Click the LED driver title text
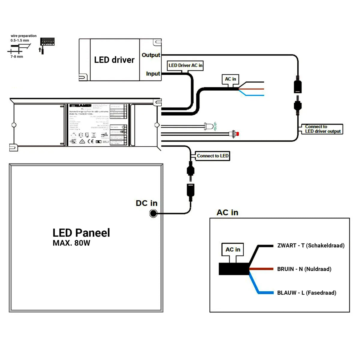(x=114, y=60)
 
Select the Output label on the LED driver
(x=151, y=55)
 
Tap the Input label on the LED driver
(x=153, y=74)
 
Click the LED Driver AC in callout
(x=185, y=65)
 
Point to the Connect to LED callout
(x=212, y=156)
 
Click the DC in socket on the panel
(x=153, y=214)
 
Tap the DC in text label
(x=146, y=203)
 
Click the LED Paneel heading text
(x=81, y=233)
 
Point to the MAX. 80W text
(x=71, y=243)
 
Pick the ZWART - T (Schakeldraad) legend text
(x=311, y=246)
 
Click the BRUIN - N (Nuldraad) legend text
(x=304, y=269)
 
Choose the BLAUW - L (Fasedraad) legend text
(x=307, y=293)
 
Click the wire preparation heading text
(x=24, y=36)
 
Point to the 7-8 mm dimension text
(x=17, y=57)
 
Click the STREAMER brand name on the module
(x=80, y=106)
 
